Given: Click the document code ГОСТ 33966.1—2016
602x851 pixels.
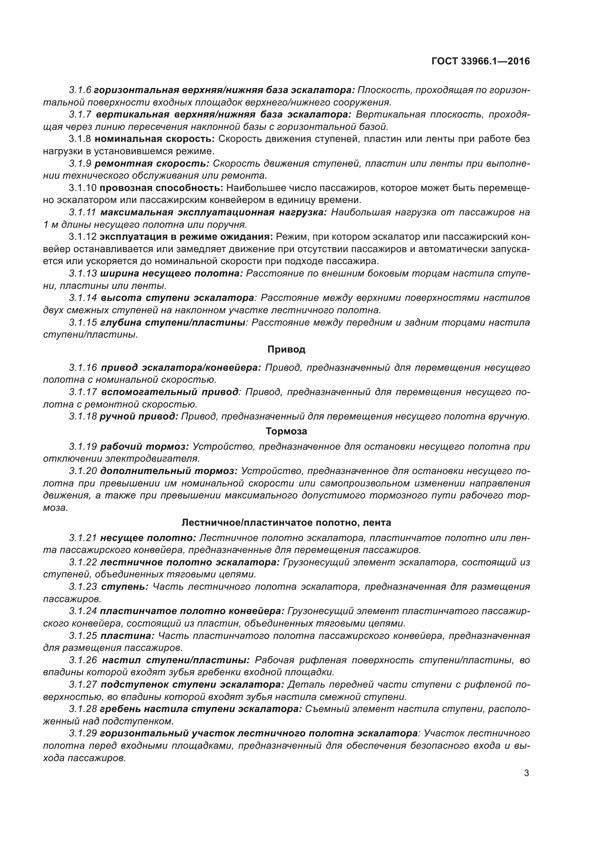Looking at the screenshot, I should point(480,61).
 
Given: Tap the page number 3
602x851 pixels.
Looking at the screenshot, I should point(526,773).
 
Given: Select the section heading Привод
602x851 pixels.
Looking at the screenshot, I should point(286,349).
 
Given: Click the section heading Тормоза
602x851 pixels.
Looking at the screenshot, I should point(286,431).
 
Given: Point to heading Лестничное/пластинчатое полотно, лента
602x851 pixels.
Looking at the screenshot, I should point(286,522).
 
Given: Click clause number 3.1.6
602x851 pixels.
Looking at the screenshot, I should point(80,90).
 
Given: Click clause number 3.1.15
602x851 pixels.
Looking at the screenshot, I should point(83,322).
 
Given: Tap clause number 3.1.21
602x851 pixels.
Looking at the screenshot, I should point(83,538).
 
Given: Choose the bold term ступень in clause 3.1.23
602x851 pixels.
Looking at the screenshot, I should point(124,587).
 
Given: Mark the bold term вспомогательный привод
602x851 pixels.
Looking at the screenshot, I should point(170,392).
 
